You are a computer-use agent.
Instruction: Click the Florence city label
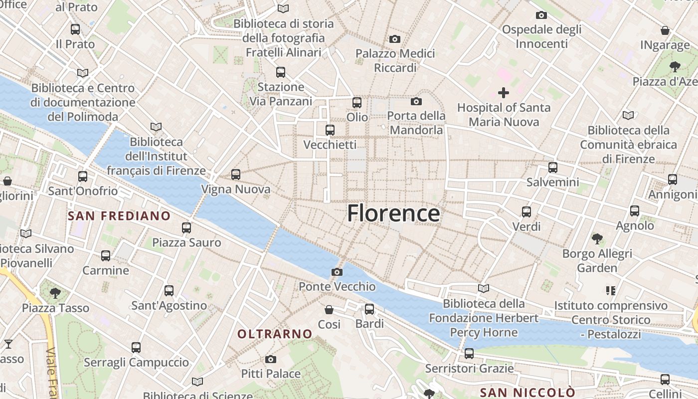[x=393, y=213]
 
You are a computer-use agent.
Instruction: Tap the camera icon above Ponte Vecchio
[x=337, y=272]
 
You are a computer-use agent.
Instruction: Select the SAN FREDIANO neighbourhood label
[x=119, y=216]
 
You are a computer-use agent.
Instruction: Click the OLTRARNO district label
[x=275, y=334]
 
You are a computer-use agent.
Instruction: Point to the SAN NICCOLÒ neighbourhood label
[x=527, y=392]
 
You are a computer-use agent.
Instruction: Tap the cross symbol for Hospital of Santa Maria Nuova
[x=504, y=93]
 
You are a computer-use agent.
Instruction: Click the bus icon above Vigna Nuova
[x=236, y=175]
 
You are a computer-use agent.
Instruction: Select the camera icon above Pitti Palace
[x=271, y=359]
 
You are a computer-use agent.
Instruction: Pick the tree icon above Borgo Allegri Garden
[x=597, y=239]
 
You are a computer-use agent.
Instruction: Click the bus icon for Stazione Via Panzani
[x=281, y=72]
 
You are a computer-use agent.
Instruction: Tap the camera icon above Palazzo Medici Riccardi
[x=395, y=39]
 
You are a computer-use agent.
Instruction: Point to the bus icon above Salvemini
[x=552, y=168]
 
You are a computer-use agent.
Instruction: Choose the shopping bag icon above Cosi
[x=329, y=310]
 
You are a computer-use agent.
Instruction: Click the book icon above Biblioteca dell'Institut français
[x=156, y=127]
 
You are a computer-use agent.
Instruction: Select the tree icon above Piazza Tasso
[x=55, y=293]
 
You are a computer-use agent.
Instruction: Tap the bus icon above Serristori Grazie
[x=469, y=354]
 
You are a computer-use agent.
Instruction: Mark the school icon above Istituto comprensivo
[x=611, y=291]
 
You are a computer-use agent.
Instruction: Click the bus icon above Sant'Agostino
[x=169, y=291]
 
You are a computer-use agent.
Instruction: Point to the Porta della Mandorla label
[x=417, y=123]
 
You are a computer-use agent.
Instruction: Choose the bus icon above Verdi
[x=526, y=212]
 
